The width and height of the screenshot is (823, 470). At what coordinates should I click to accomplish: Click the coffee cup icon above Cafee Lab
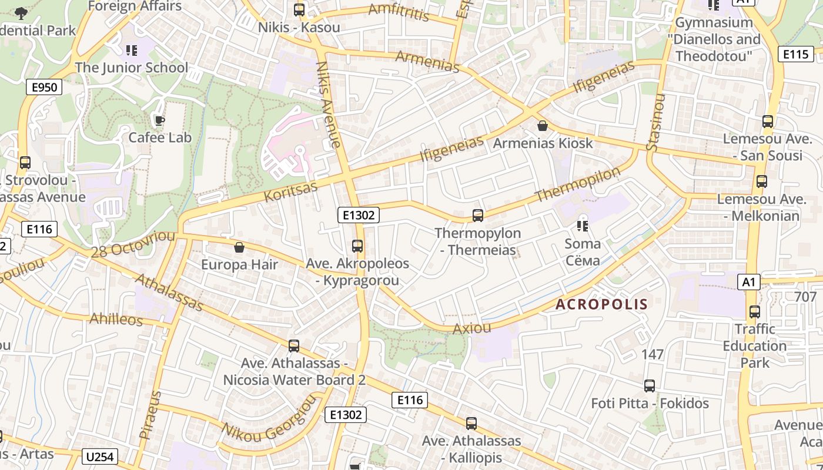point(159,120)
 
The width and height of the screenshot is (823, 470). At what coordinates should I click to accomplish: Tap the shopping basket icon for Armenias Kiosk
point(542,126)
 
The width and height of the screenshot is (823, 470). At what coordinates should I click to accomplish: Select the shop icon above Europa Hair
point(239,247)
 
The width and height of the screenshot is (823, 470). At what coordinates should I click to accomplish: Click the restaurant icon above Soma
point(583,226)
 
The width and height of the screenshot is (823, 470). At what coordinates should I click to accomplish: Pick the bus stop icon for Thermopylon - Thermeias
point(478,216)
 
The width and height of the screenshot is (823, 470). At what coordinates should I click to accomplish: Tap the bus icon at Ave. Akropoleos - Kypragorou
point(357,246)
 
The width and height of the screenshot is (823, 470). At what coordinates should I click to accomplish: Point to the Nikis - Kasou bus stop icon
point(299,10)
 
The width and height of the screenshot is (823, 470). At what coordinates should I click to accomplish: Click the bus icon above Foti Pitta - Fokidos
point(650,386)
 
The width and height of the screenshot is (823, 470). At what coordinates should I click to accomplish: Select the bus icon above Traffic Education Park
point(755,311)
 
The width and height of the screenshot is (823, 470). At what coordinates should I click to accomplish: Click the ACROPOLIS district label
point(601,304)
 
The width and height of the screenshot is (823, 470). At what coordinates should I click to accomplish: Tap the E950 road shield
point(45,88)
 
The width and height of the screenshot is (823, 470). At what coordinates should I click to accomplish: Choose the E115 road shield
point(795,54)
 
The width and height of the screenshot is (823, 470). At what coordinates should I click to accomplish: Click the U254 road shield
point(101,456)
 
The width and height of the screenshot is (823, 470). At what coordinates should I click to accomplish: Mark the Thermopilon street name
point(578,184)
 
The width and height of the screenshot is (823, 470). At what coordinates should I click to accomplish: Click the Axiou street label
point(471,328)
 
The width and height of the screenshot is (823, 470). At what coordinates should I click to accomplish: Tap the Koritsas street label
point(290,191)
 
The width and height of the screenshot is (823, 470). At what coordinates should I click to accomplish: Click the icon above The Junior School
point(132,51)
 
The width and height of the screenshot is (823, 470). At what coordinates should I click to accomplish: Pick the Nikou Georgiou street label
point(269,419)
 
